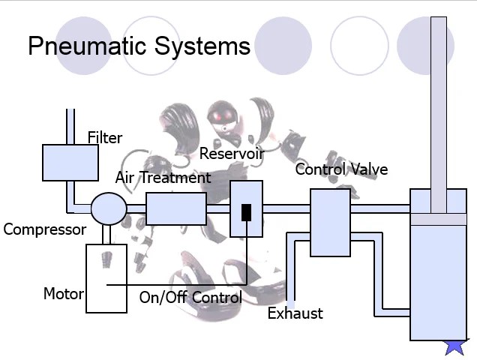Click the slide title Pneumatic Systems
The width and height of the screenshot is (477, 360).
tap(139, 46)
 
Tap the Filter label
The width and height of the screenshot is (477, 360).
tap(104, 138)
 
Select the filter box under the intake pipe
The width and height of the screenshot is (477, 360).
tap(70, 163)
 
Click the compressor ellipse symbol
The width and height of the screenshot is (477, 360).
tap(109, 208)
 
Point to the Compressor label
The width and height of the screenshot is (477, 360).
tap(44, 229)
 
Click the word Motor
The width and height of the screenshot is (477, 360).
tap(63, 293)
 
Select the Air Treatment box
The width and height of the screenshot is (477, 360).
tap(175, 208)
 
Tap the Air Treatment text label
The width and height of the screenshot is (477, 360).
tap(163, 178)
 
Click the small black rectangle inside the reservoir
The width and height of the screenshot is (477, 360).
tap(246, 212)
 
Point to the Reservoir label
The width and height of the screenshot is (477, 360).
tap(232, 154)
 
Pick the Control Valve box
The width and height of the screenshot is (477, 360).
tap(330, 223)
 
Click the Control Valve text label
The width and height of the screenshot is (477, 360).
tap(341, 169)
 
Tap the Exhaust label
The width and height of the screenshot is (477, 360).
tap(295, 313)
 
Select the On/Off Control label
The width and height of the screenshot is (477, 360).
tap(190, 298)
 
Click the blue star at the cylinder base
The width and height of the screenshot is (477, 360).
tap(455, 346)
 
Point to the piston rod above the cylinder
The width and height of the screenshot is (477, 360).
tap(438, 97)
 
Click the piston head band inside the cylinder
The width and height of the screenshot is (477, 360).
tap(438, 219)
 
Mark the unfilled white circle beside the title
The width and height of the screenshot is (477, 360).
tap(358, 45)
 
